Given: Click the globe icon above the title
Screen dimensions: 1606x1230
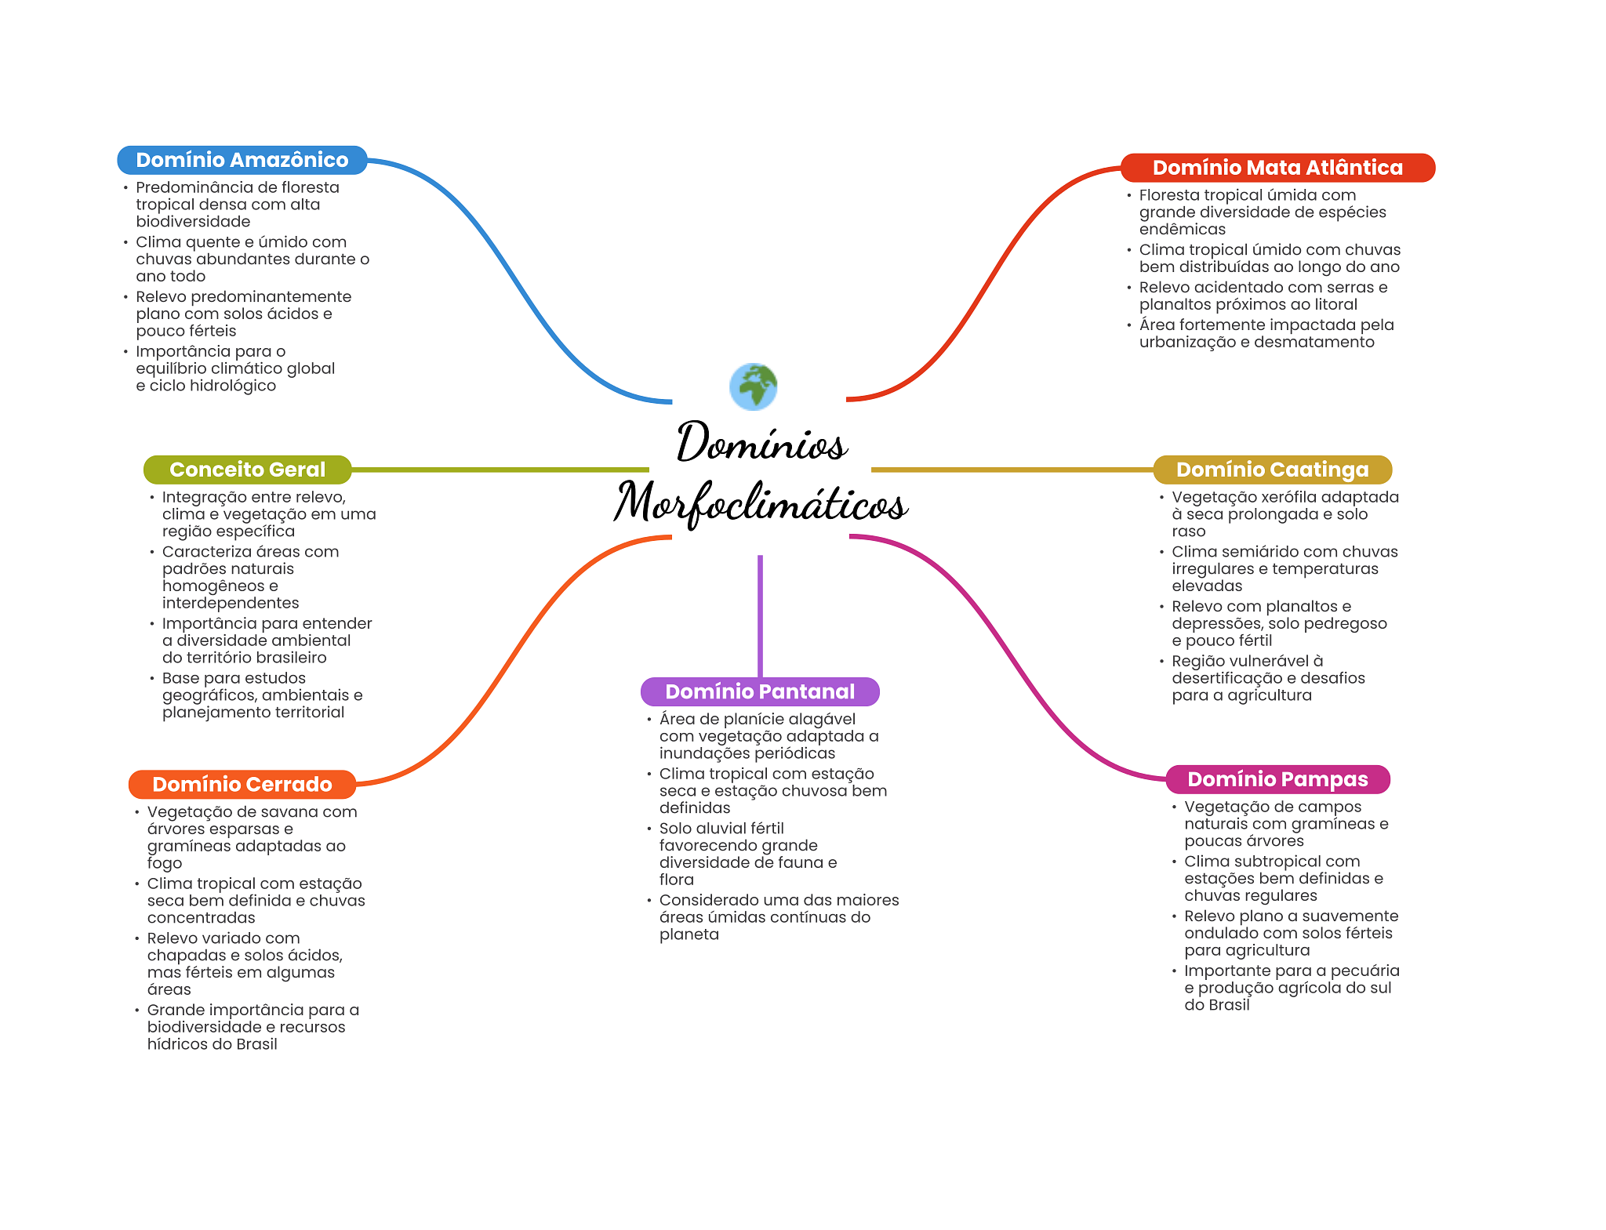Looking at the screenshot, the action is click(x=753, y=386).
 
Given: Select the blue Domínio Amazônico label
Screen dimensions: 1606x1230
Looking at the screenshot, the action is click(x=242, y=160).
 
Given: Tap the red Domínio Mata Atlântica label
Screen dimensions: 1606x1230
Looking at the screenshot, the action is click(x=1277, y=168).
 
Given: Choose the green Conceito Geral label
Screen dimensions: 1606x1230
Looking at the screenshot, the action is click(x=247, y=470).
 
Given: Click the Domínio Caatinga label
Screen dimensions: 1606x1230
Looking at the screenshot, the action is click(x=1272, y=470).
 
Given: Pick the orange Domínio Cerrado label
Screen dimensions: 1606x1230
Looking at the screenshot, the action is click(x=242, y=784).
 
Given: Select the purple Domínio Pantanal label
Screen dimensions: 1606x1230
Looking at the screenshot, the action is click(x=759, y=691).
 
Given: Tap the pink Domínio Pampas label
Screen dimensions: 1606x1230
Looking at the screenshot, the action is click(x=1277, y=779).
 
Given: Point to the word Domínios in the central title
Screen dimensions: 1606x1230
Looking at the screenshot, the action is click(x=761, y=443).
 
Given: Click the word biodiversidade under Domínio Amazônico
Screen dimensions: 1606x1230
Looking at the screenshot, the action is click(x=193, y=222).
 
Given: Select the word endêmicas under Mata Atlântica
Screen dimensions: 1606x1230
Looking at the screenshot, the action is click(x=1182, y=230).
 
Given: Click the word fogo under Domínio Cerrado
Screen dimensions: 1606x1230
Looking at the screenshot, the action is click(x=165, y=864).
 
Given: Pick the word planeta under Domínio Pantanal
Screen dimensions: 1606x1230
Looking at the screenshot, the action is click(x=689, y=934).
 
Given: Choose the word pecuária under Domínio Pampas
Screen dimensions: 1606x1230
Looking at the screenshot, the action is click(x=1364, y=971).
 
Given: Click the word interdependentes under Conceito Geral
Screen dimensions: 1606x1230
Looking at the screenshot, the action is click(x=231, y=603).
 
